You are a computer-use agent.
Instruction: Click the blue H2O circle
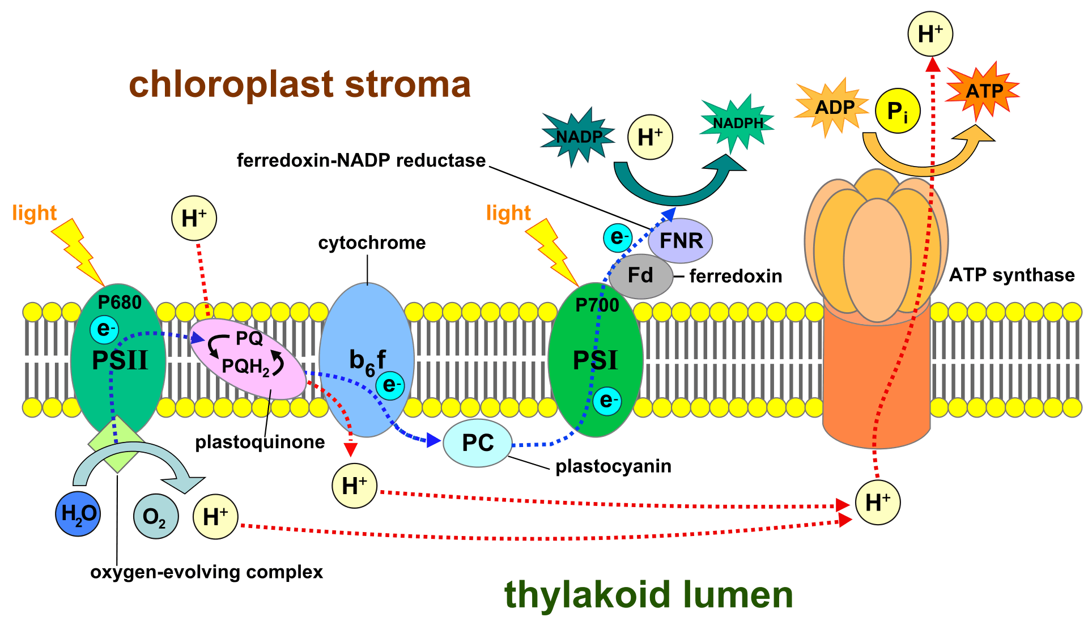tap(78, 514)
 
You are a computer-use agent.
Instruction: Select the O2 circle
tap(156, 516)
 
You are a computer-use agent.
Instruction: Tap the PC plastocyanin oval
tap(477, 443)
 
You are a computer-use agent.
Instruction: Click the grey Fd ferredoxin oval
tap(640, 276)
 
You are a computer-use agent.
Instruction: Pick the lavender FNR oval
tap(681, 241)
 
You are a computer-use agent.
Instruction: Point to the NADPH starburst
tap(737, 123)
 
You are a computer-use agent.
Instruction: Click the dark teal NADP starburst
tap(578, 137)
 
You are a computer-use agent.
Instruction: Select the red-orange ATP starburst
tap(984, 91)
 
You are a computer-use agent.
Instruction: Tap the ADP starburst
tap(833, 108)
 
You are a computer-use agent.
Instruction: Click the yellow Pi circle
tap(897, 111)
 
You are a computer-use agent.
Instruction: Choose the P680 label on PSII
tap(120, 303)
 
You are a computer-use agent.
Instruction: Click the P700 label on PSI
tap(597, 305)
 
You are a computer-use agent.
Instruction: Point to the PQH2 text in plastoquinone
tap(246, 367)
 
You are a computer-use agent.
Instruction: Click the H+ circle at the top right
tap(930, 34)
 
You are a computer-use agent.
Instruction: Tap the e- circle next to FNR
tap(617, 237)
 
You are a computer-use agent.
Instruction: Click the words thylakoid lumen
tap(648, 594)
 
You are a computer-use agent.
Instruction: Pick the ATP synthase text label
tap(1011, 275)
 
